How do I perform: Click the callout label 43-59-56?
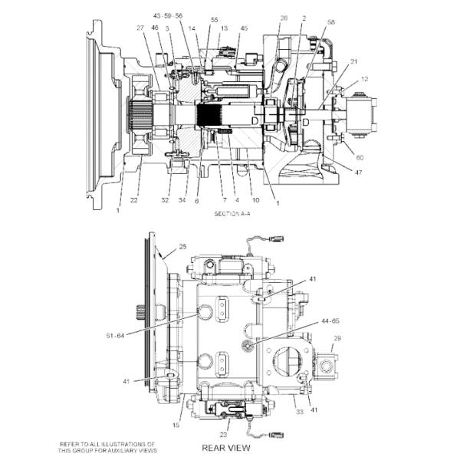(x=168, y=15)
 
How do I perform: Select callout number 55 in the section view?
(x=214, y=20)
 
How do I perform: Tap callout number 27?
(x=140, y=28)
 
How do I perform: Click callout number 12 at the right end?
(x=364, y=79)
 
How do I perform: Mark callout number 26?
(x=284, y=18)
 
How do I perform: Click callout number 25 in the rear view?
(x=182, y=247)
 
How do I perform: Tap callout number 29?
(x=336, y=338)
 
